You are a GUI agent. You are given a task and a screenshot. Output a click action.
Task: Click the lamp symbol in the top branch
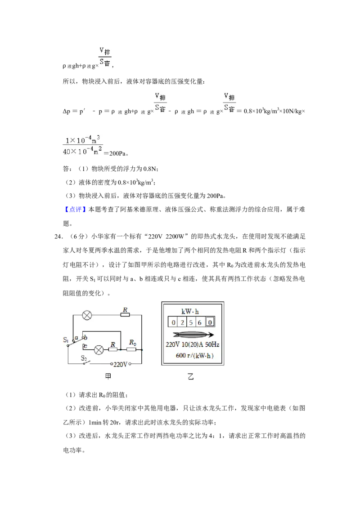(x=87, y=315)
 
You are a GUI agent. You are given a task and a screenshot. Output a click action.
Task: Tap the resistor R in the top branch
(x=125, y=315)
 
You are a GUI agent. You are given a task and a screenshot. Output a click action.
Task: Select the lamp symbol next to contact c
(x=99, y=350)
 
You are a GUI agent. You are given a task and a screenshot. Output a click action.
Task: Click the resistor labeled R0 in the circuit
(x=131, y=350)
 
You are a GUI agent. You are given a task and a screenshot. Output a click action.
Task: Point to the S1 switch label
(x=66, y=339)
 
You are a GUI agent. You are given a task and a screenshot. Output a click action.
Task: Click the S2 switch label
(x=84, y=358)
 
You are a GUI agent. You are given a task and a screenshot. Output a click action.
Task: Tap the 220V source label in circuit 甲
(x=120, y=364)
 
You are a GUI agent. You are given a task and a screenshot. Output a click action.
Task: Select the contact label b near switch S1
(x=85, y=338)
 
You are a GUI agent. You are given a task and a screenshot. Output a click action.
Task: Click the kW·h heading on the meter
(x=190, y=311)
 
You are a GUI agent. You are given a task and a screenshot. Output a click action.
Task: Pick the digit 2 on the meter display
(x=182, y=322)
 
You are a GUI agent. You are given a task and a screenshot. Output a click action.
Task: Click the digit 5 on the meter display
(x=191, y=322)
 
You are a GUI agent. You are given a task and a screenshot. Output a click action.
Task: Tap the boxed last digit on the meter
(x=210, y=322)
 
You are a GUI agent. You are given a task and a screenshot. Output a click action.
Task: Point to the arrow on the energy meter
(x=193, y=335)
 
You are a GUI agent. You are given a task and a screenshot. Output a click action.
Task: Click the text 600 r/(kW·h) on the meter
(x=194, y=356)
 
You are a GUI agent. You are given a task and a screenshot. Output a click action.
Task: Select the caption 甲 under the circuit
(x=108, y=376)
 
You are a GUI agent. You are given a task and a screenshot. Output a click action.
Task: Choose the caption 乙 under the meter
(x=191, y=376)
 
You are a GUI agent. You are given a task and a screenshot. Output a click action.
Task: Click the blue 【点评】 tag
(x=75, y=210)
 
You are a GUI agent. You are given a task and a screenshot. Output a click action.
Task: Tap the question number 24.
(x=58, y=237)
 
